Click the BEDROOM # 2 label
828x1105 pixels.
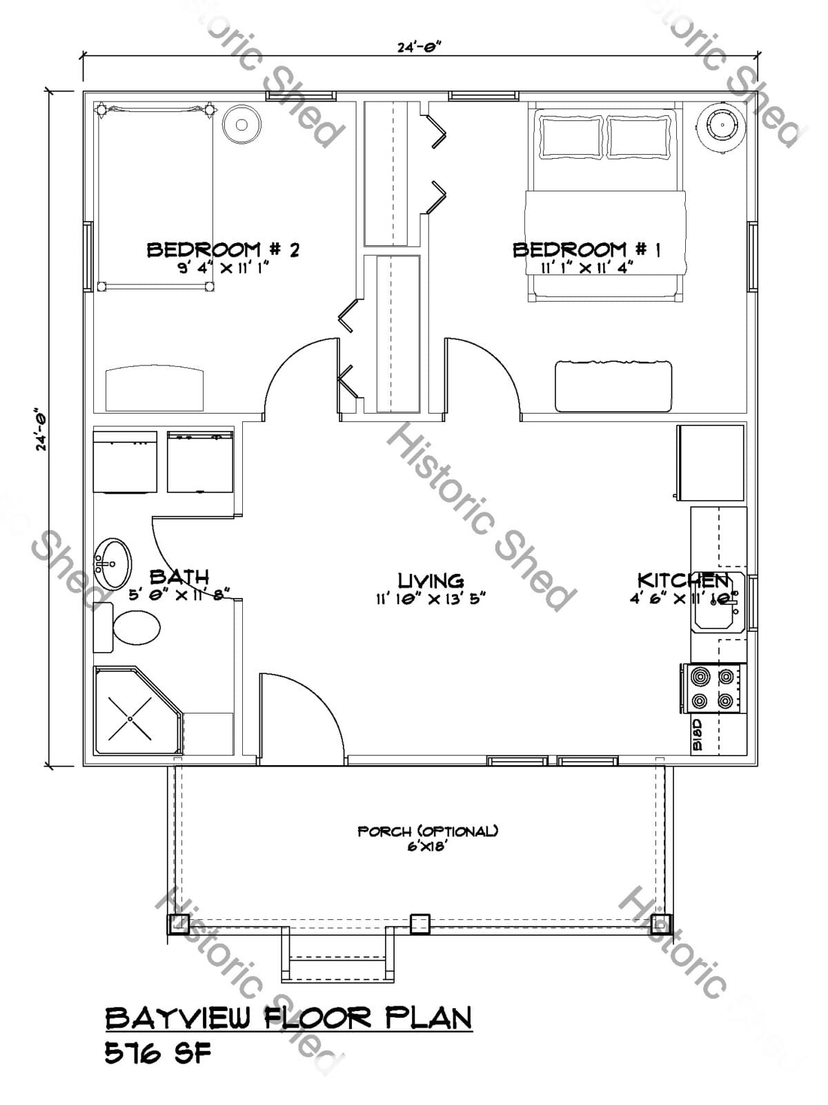(x=223, y=250)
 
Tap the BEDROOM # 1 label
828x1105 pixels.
(x=586, y=250)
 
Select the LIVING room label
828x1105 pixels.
(x=431, y=581)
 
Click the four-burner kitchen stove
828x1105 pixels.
(x=713, y=689)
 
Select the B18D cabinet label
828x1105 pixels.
(x=697, y=735)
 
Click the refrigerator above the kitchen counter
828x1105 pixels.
(x=711, y=463)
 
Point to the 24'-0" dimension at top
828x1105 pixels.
(x=419, y=48)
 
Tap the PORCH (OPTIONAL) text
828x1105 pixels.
(x=428, y=832)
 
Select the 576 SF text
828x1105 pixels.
(x=157, y=1054)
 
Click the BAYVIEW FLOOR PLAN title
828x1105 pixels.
(x=288, y=1019)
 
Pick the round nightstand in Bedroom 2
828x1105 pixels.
(x=241, y=125)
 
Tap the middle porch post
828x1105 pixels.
(x=420, y=923)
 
